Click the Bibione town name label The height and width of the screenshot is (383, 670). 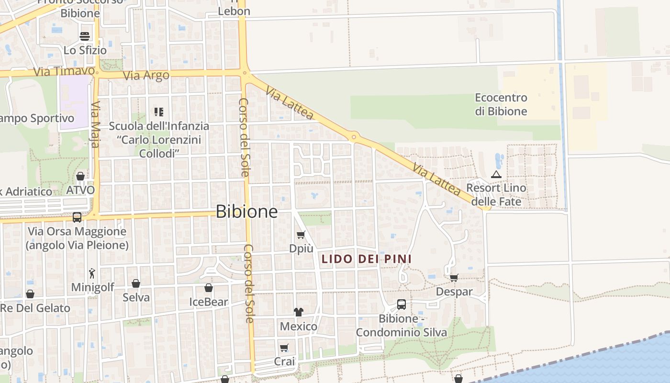pos(246,211)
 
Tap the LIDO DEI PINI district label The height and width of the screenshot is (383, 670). pos(366,259)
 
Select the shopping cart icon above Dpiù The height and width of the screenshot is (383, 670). pos(301,235)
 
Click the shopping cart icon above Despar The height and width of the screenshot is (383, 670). pos(454,277)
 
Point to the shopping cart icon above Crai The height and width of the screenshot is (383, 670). pos(284,348)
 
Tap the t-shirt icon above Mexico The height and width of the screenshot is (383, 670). pos(299,312)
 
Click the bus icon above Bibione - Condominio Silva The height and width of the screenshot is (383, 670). pos(401,304)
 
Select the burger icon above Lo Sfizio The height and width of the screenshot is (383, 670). pos(85,36)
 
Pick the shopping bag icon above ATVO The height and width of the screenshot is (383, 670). pos(80,176)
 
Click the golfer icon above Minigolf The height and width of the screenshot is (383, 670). pos(92,273)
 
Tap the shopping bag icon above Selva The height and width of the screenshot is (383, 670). pos(136,283)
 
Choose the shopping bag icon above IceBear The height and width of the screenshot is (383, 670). pos(209,288)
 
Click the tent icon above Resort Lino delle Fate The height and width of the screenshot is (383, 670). pos(496,174)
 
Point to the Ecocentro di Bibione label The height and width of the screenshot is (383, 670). pos(501,104)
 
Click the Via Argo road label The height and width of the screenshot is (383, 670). pos(146,75)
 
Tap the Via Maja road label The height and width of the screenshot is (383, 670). pos(95,124)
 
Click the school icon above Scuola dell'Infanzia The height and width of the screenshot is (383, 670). pos(159,112)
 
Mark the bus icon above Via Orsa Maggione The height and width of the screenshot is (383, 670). pos(77,217)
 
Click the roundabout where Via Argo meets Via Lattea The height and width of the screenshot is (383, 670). pos(245,74)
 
